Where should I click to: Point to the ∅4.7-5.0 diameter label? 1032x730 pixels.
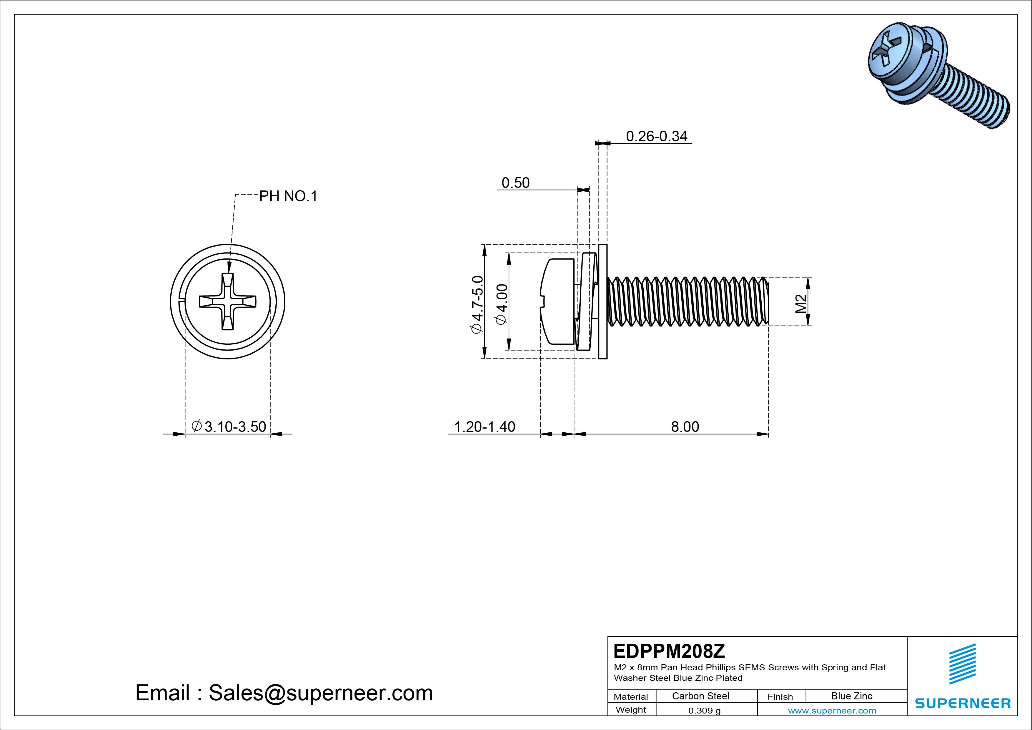(x=477, y=304)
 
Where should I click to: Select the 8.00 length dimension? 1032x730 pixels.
(x=685, y=427)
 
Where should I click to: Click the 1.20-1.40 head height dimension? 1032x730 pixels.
(x=485, y=427)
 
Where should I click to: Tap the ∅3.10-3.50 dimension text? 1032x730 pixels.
(x=229, y=427)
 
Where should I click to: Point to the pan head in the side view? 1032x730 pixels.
(x=557, y=301)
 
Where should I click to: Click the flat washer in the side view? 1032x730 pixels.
(x=603, y=301)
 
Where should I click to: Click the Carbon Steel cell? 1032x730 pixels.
(x=700, y=696)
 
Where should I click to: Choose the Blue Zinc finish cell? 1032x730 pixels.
(x=851, y=696)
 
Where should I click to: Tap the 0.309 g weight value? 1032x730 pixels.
(x=704, y=711)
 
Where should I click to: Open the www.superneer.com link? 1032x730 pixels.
(x=832, y=711)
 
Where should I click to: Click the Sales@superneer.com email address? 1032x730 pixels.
(x=320, y=693)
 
